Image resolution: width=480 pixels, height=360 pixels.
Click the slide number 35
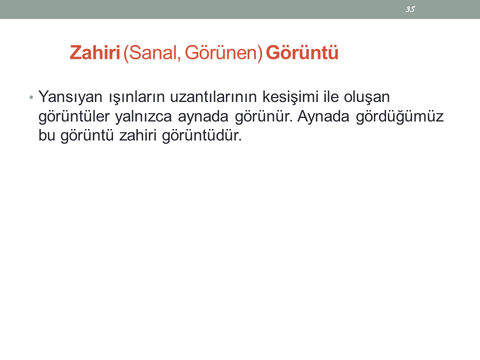click(410, 9)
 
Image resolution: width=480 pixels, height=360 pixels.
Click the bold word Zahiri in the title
click(95, 52)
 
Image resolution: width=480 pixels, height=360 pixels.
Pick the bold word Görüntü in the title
click(302, 52)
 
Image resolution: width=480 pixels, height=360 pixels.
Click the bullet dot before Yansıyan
click(31, 97)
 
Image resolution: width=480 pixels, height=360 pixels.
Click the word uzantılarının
click(213, 97)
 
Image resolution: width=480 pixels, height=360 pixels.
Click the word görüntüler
click(74, 117)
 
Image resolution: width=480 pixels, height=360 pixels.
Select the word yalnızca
click(143, 117)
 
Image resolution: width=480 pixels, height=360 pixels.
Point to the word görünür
click(264, 117)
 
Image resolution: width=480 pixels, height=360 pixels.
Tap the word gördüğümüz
click(400, 117)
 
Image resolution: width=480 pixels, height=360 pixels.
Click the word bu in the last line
click(46, 135)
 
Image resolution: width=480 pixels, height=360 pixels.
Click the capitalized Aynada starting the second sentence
click(323, 117)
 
